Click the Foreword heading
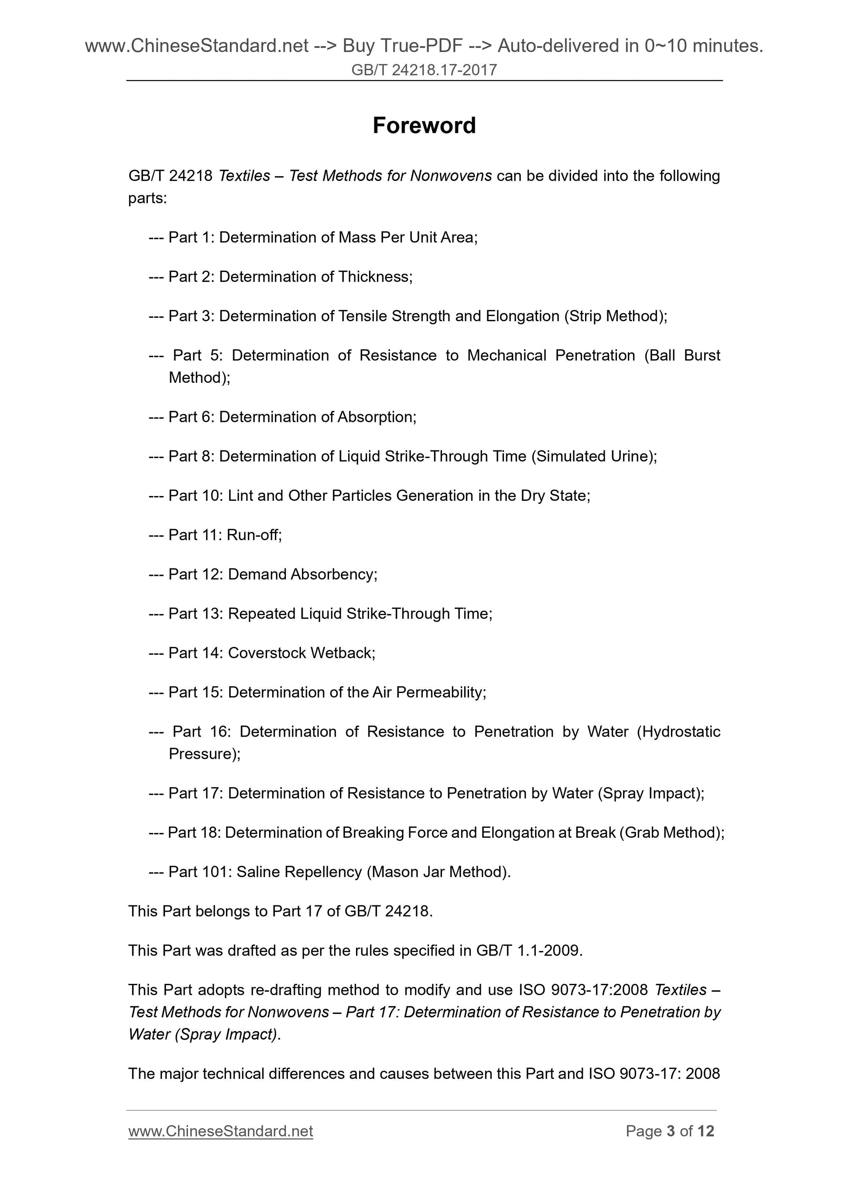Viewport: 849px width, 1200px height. pos(424,126)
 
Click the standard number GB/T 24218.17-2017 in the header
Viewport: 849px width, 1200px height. pos(424,70)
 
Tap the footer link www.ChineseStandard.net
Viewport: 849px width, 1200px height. pos(220,1131)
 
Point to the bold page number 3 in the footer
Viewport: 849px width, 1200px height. pos(671,1131)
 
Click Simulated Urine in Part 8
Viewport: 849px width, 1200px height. pos(592,456)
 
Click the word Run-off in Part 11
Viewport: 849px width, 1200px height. pos(253,535)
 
